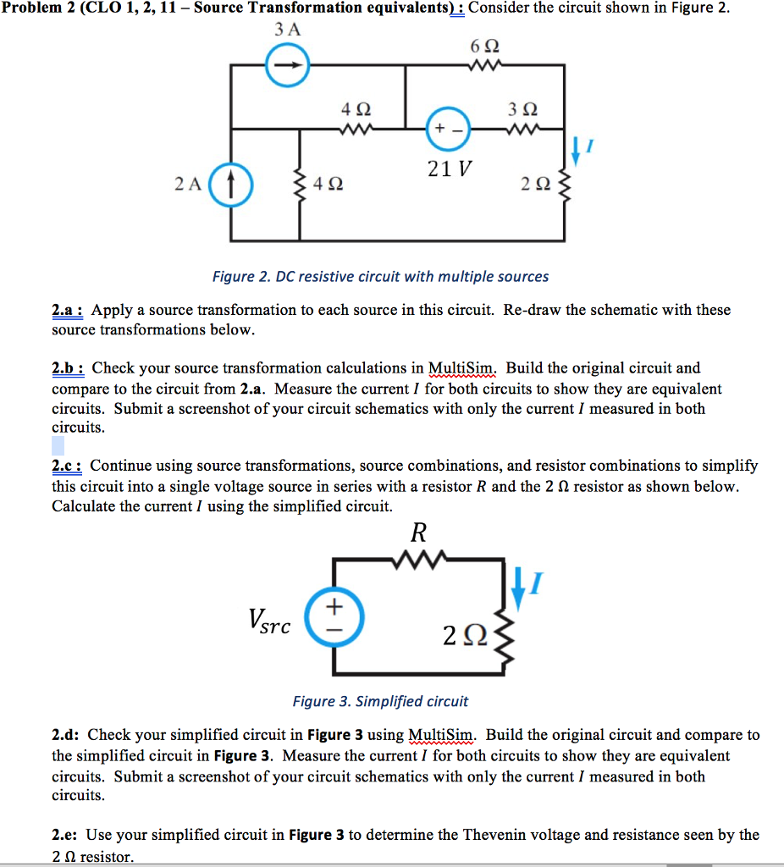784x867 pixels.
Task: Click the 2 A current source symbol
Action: [x=232, y=182]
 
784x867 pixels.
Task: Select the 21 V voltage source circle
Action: [x=448, y=129]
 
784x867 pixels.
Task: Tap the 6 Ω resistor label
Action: [x=481, y=45]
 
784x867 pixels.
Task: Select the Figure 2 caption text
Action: [x=380, y=277]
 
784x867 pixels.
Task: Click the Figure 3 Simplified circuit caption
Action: [x=380, y=701]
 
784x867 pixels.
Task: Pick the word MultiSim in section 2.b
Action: [x=462, y=368]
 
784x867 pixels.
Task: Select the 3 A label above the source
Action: [x=288, y=28]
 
